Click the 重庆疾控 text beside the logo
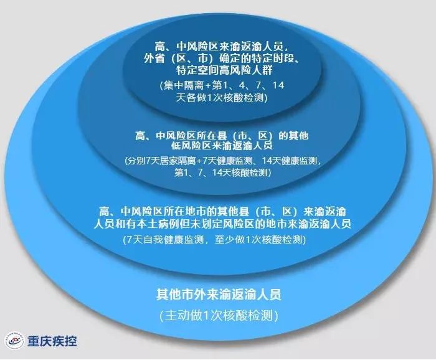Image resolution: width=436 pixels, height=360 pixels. [x=53, y=341]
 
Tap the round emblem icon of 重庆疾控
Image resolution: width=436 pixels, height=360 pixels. [x=14, y=341]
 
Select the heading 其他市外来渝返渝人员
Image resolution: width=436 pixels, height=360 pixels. [x=219, y=293]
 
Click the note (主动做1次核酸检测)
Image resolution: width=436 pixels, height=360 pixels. [x=219, y=315]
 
